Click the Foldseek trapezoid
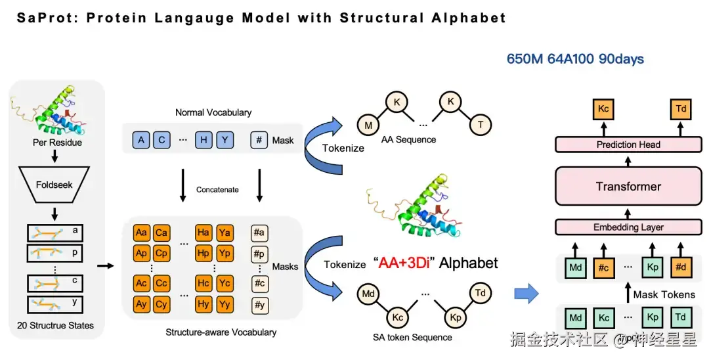click(x=54, y=185)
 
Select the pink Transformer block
click(x=628, y=187)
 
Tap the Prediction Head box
click(x=628, y=145)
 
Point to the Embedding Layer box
click(x=628, y=227)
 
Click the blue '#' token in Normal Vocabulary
click(x=259, y=140)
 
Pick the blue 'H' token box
click(x=204, y=140)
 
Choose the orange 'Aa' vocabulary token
click(x=142, y=233)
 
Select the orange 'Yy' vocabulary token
click(x=225, y=304)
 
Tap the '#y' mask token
click(x=259, y=304)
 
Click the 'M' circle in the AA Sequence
click(x=368, y=125)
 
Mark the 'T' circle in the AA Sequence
click(x=480, y=124)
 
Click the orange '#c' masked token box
click(x=604, y=268)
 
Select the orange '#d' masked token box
click(x=681, y=267)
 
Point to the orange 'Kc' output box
click(x=603, y=109)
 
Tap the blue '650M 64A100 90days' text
click(x=575, y=58)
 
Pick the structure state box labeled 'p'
click(x=54, y=253)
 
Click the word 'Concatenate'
click(x=217, y=190)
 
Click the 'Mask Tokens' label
click(x=664, y=295)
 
